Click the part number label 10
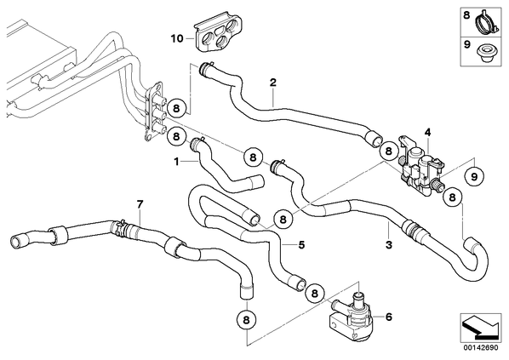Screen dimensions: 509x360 [x=177, y=39]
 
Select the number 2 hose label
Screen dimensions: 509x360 [x=273, y=83]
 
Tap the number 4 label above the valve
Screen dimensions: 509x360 [x=428, y=132]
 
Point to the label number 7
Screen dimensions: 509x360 [x=140, y=204]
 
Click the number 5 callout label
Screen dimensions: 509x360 [x=301, y=245]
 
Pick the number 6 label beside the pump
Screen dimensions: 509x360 [x=389, y=317]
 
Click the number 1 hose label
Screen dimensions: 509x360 [x=176, y=162]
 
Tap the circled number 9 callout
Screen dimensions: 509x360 [x=474, y=176]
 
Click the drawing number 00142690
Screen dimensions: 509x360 [x=481, y=348]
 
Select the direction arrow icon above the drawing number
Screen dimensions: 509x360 [x=480, y=328]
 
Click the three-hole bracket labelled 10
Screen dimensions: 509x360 [x=219, y=34]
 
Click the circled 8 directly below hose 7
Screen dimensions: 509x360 [x=246, y=320]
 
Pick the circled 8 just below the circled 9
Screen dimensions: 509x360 [x=453, y=197]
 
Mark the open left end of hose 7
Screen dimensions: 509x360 [x=16, y=242]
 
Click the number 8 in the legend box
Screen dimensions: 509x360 [x=466, y=15]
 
